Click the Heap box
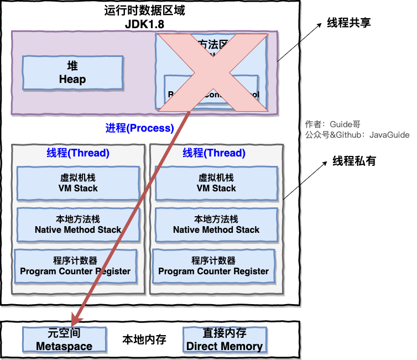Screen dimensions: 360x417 72,73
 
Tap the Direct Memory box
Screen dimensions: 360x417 224,340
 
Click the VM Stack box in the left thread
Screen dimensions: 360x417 78,183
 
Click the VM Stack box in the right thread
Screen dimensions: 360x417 216,183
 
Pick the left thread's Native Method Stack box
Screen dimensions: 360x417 78,225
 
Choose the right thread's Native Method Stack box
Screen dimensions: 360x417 216,225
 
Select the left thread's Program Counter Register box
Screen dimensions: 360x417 75,266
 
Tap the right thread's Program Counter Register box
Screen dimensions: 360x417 213,266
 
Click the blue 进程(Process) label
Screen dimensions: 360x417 139,128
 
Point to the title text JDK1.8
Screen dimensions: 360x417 144,25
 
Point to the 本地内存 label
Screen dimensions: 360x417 144,339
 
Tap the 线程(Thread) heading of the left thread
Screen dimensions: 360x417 78,153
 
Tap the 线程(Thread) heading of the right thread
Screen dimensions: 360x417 214,153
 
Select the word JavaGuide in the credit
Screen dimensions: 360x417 389,134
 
